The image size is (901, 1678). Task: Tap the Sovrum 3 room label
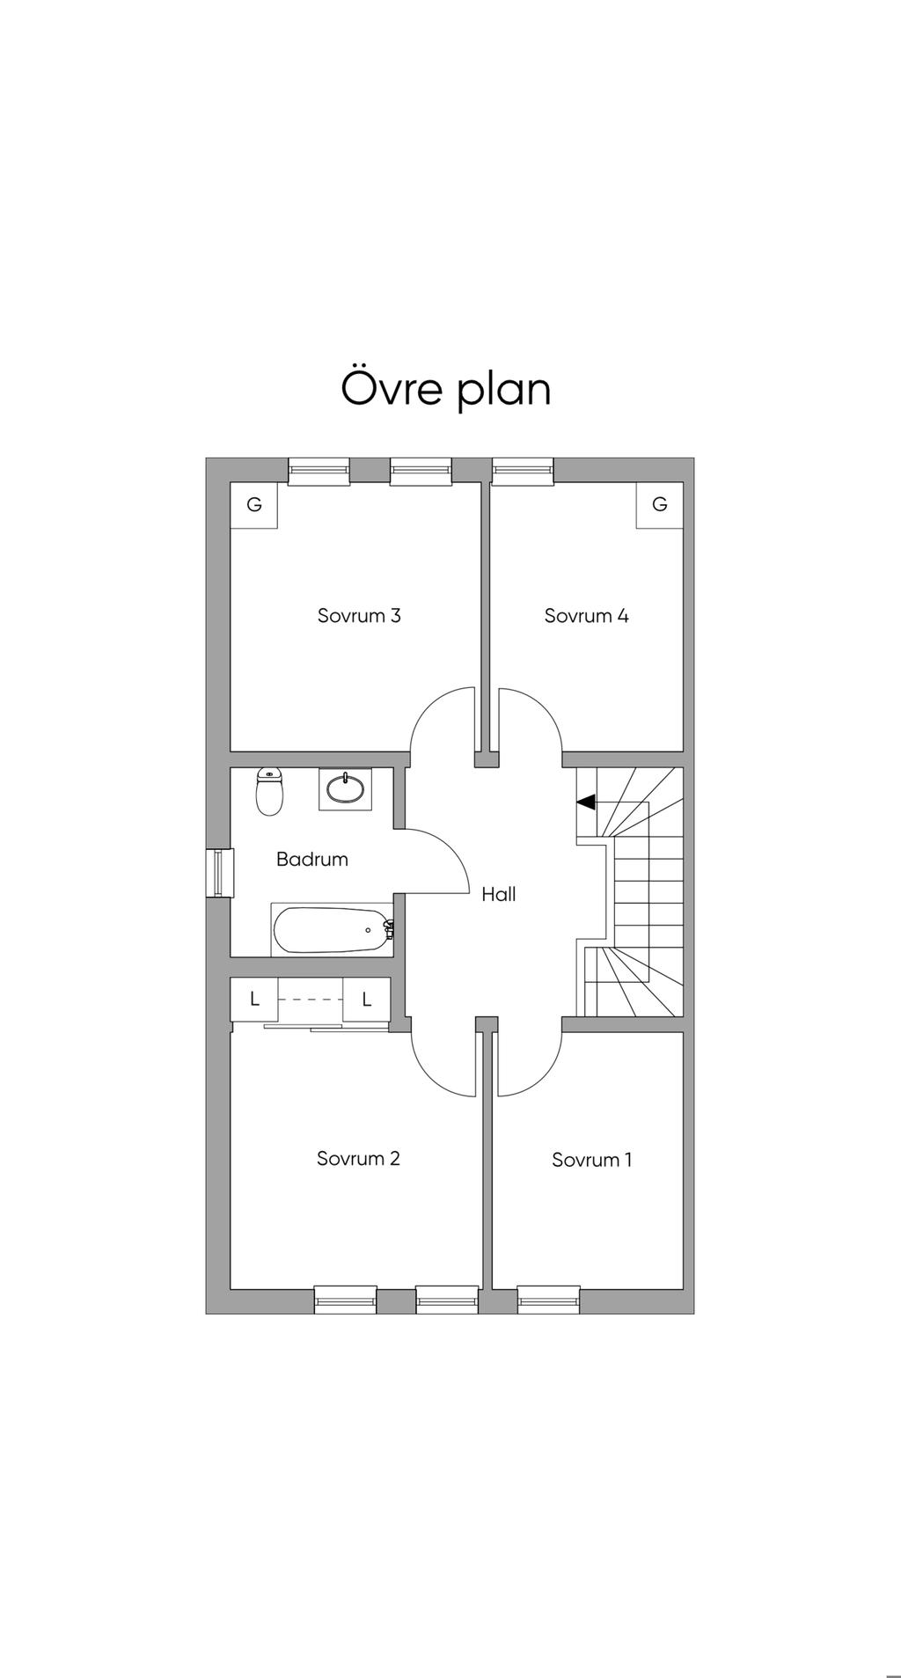point(359,616)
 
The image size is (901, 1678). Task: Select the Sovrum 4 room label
point(586,616)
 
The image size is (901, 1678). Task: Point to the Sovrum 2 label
point(358,1158)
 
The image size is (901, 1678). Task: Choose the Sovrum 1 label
point(591,1160)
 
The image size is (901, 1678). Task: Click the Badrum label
point(312,859)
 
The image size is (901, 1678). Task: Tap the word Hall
point(499,894)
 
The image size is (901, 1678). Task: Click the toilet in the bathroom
point(269,791)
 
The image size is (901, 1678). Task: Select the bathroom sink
point(346,788)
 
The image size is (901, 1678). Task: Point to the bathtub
point(333,930)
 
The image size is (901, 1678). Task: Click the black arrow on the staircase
point(586,802)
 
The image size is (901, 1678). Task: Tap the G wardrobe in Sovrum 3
point(254,505)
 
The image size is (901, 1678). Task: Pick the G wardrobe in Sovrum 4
point(660,505)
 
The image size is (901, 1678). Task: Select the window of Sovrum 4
point(523,471)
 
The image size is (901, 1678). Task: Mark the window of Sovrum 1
point(549,1300)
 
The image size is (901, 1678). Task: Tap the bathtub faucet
point(389,929)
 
